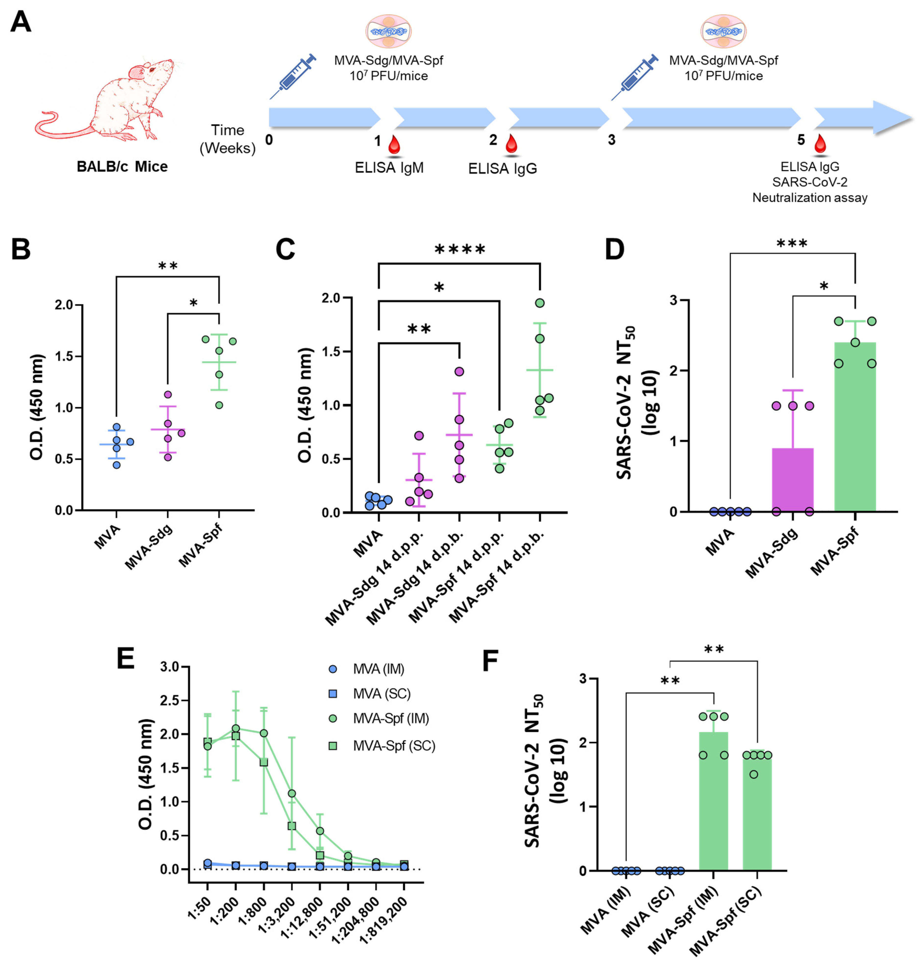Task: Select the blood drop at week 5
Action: pyautogui.click(x=819, y=144)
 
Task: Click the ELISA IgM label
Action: pyautogui.click(x=389, y=168)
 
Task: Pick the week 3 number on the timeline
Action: pyautogui.click(x=611, y=141)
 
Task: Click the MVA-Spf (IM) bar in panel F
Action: pyautogui.click(x=713, y=805)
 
